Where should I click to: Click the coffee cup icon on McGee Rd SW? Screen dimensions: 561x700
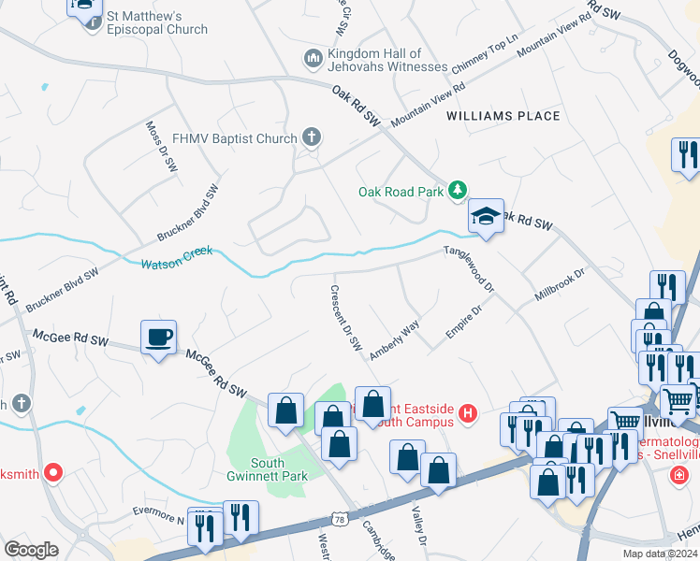tap(157, 336)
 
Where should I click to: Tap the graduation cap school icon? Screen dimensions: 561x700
tap(486, 216)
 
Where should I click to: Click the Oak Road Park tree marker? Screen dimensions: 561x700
tap(457, 191)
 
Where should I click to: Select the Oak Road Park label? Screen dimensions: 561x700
tap(401, 192)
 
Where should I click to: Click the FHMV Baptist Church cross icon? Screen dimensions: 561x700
tap(312, 138)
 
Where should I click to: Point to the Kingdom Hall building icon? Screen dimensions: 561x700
tap(313, 60)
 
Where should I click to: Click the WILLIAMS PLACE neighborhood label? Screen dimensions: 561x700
tap(503, 116)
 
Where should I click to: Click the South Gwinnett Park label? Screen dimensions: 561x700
tap(280, 469)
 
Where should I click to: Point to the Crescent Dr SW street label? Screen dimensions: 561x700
tap(344, 317)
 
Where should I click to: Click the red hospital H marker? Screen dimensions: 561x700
tap(468, 412)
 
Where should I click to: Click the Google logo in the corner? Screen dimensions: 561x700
tap(31, 550)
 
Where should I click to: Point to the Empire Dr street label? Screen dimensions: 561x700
tap(464, 322)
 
